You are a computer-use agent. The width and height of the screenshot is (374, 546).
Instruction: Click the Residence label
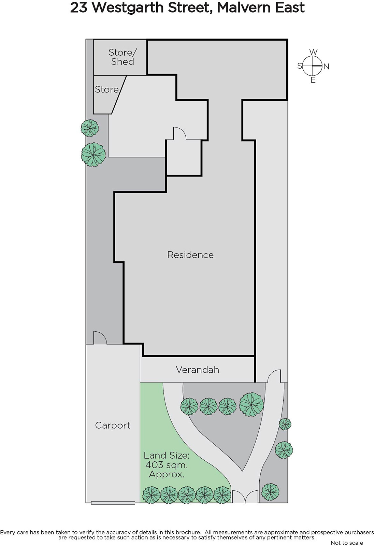coord(190,255)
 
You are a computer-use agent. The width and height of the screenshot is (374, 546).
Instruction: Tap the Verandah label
coord(197,370)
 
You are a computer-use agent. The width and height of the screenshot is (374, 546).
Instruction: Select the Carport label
coord(113,426)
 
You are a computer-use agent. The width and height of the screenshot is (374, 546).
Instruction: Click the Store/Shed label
coord(123,57)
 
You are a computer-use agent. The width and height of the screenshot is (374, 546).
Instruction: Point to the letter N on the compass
coord(327,67)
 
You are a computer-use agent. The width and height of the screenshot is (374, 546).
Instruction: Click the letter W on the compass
coord(313,52)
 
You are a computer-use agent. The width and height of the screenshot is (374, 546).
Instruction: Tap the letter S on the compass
coord(300,66)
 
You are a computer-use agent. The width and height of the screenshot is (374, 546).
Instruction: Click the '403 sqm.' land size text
coord(166,465)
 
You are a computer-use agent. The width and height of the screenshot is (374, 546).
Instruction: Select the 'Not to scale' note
coord(347,543)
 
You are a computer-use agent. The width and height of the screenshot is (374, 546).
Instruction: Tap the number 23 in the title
coord(78,8)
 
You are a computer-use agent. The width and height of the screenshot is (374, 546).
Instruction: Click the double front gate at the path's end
coord(245,497)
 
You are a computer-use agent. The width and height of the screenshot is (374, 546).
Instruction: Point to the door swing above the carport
coord(100,338)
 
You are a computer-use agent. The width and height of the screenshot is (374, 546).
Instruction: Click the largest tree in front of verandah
coord(251,404)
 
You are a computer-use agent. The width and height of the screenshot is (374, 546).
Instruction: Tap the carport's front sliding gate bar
coord(113,503)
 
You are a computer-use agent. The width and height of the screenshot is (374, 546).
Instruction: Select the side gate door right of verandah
coord(274,376)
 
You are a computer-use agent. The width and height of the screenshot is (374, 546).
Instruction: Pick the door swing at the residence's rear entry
coord(179,133)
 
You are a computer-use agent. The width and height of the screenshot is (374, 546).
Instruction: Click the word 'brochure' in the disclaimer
coord(188,532)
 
